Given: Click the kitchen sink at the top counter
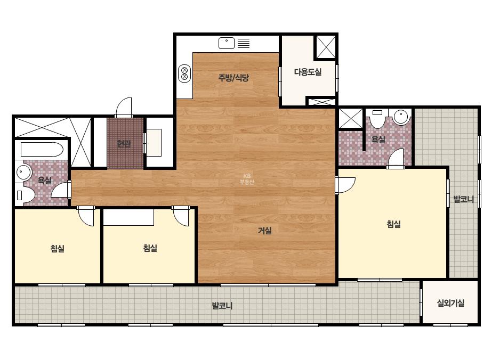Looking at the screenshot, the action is (226, 43).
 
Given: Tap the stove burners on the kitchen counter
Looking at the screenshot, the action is (184, 73).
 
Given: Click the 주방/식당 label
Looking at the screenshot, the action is (233, 77).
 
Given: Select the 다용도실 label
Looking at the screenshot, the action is (308, 72).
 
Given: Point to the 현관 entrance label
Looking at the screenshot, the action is (124, 144).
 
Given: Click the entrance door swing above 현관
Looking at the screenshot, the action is (124, 107).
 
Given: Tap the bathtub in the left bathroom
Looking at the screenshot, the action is (42, 150).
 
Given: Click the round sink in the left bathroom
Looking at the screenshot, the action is (23, 172).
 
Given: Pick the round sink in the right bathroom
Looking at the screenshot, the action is (401, 117).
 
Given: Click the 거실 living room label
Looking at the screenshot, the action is (265, 231).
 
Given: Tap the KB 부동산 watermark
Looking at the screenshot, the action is (247, 179).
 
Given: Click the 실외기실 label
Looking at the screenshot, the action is (450, 303).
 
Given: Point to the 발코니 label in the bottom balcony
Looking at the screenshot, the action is (222, 306).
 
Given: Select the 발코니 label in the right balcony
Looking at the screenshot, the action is (463, 199).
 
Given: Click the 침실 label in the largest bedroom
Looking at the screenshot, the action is (393, 224).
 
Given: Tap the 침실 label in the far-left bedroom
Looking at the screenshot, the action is (58, 249).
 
